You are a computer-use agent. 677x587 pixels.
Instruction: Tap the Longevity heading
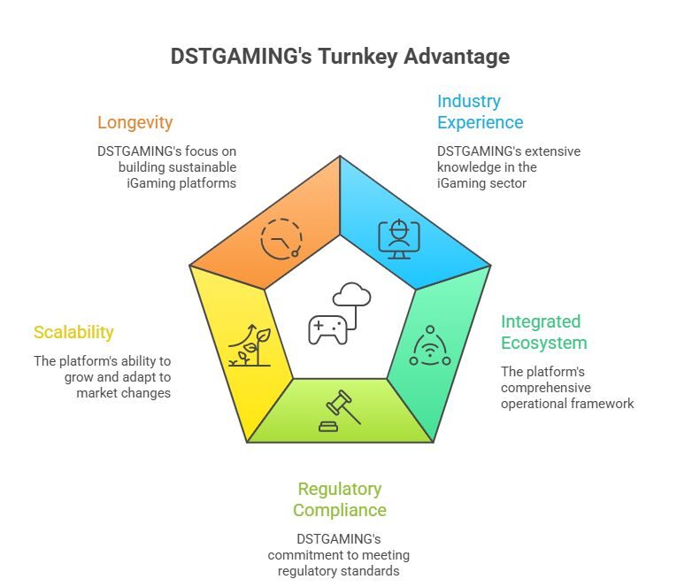point(135,122)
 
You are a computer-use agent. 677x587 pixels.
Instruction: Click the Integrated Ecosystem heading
point(541,332)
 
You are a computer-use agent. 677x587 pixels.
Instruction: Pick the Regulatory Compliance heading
point(340,499)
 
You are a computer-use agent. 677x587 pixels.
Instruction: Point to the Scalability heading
point(73,333)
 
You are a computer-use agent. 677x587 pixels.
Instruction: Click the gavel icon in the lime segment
point(339,412)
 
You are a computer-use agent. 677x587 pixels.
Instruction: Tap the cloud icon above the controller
point(351,294)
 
